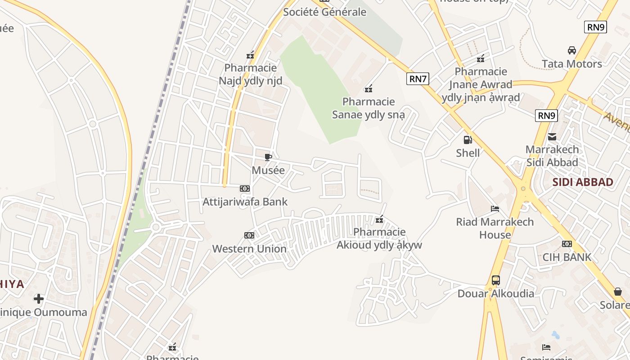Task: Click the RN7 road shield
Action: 418,79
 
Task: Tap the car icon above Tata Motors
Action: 572,50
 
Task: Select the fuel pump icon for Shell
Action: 468,139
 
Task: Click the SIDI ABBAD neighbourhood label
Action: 583,182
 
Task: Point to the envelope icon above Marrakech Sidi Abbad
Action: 552,136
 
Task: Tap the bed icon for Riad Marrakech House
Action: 495,209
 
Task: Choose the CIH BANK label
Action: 567,257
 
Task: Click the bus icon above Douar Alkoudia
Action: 496,280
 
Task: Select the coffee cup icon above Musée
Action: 268,157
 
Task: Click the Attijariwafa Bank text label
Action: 245,202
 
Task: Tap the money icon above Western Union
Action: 249,235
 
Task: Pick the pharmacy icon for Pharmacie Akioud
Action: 380,219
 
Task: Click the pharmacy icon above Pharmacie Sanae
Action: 369,88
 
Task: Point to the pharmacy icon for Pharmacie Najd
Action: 250,55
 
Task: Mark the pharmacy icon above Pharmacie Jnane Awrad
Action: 481,58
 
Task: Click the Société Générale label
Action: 324,12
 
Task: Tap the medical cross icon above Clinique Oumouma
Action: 39,298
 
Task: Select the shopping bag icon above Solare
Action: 618,292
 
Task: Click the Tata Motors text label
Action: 572,64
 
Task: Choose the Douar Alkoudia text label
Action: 496,294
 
